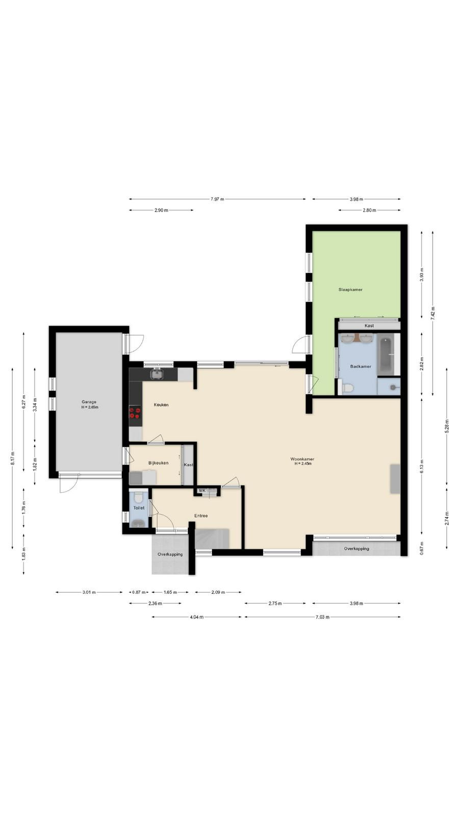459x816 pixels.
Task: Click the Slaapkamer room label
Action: pyautogui.click(x=350, y=290)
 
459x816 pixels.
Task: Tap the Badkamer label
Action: pyautogui.click(x=361, y=367)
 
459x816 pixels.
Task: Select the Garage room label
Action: pyautogui.click(x=89, y=402)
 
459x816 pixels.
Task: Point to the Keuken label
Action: pyautogui.click(x=161, y=405)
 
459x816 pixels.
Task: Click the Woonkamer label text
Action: pyautogui.click(x=302, y=459)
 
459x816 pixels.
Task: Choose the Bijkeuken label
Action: pyautogui.click(x=158, y=463)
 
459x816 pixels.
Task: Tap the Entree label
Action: pyautogui.click(x=201, y=516)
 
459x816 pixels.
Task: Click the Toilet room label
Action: pyautogui.click(x=139, y=508)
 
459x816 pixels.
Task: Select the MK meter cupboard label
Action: pyautogui.click(x=202, y=491)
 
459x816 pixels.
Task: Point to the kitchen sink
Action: pyautogui.click(x=157, y=374)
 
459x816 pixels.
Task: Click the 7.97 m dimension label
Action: pyautogui.click(x=217, y=199)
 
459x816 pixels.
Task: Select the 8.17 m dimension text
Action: pyautogui.click(x=13, y=458)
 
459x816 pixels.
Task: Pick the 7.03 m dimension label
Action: pyautogui.click(x=322, y=617)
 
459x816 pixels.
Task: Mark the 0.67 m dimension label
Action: pyautogui.click(x=421, y=548)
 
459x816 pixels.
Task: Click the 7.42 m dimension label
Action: pyautogui.click(x=433, y=313)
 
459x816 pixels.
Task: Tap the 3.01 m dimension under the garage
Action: pyautogui.click(x=89, y=592)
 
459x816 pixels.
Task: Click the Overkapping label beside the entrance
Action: pyautogui.click(x=170, y=554)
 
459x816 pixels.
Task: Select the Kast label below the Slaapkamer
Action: pyautogui.click(x=369, y=326)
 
